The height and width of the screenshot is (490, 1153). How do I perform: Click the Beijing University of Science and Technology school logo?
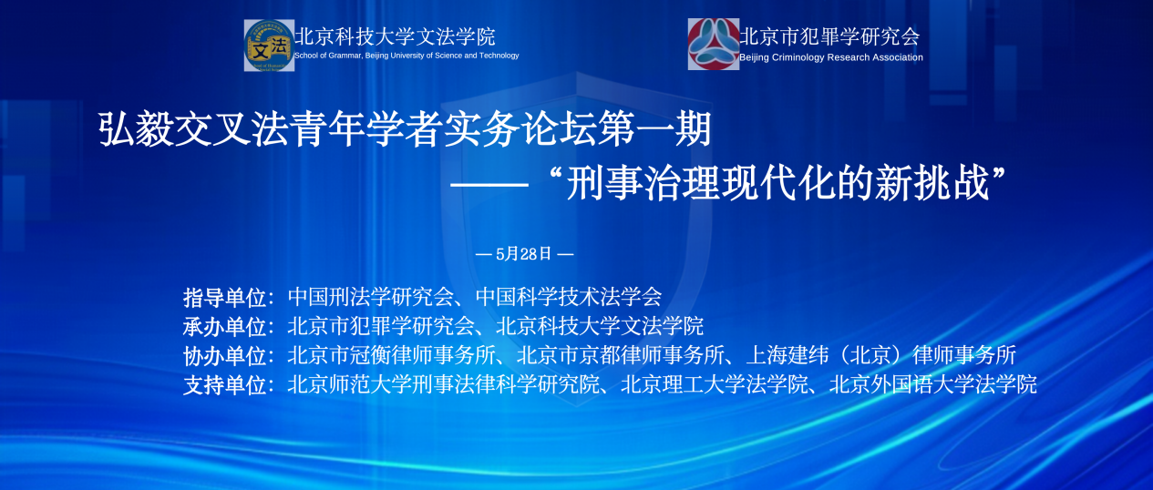click(x=269, y=46)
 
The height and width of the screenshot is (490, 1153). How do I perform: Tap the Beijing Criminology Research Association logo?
click(x=714, y=45)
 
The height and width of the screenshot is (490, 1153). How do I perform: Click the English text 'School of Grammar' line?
click(x=407, y=56)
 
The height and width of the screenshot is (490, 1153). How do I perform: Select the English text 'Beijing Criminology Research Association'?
click(x=830, y=57)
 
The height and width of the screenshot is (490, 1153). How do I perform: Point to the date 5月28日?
click(x=523, y=254)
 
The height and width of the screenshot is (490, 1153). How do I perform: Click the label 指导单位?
click(x=224, y=298)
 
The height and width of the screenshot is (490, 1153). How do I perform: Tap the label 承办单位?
click(x=224, y=327)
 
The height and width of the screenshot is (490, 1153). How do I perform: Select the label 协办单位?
click(x=224, y=356)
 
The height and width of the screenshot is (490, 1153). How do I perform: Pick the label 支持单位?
click(x=224, y=385)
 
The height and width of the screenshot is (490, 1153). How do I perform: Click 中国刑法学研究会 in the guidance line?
click(x=371, y=297)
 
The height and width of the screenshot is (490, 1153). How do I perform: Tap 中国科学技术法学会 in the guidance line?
click(x=569, y=297)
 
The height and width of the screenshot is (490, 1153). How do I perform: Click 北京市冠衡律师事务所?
click(x=392, y=355)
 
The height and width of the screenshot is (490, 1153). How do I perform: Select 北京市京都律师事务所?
click(x=621, y=355)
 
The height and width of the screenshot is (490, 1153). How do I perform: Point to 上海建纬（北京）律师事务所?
click(x=880, y=355)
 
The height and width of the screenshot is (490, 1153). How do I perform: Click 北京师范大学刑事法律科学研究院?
click(x=444, y=384)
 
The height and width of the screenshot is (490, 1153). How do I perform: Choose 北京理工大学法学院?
click(x=715, y=384)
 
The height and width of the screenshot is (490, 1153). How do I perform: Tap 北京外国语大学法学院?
click(x=932, y=384)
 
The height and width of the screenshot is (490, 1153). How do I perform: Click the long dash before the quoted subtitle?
click(x=489, y=185)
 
